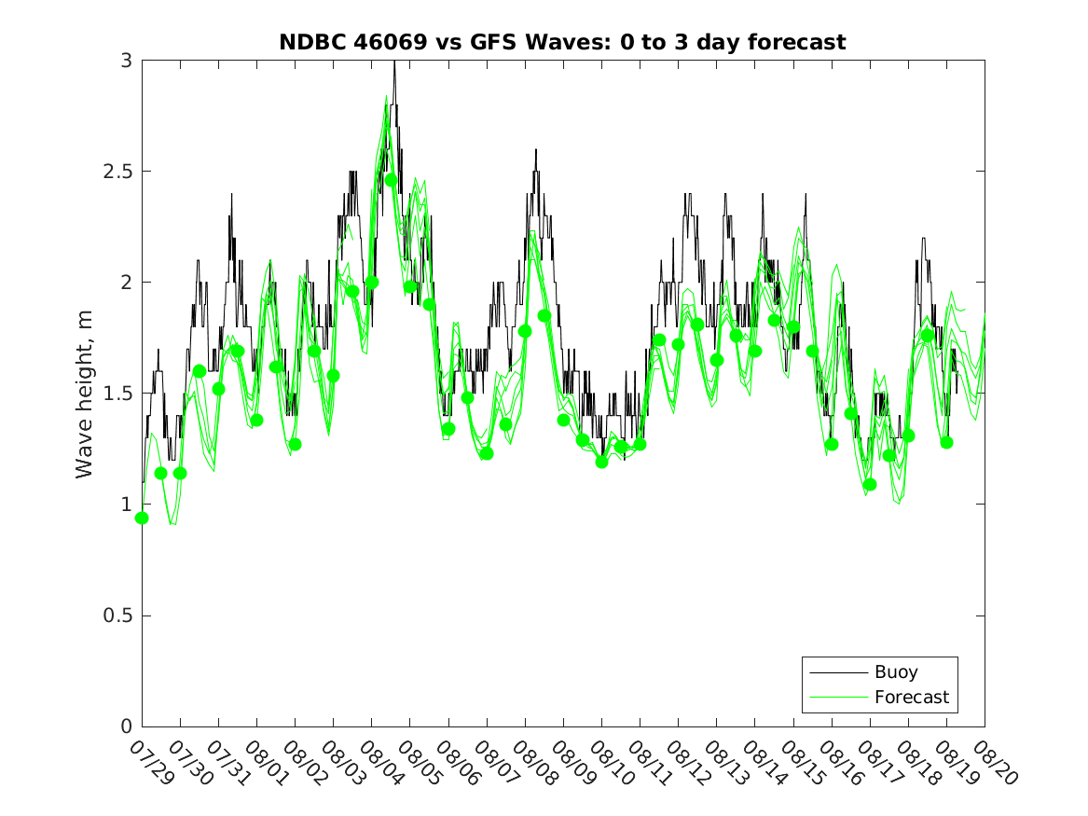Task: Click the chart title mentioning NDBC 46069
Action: pos(562,42)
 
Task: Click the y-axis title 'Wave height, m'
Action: pos(85,394)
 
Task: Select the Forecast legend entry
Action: pos(911,697)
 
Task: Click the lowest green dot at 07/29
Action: pos(142,518)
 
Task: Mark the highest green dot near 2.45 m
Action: pos(391,180)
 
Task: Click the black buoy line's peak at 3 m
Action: pos(394,62)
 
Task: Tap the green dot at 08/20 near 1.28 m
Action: pos(946,442)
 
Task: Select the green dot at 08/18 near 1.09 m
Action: pos(870,484)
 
